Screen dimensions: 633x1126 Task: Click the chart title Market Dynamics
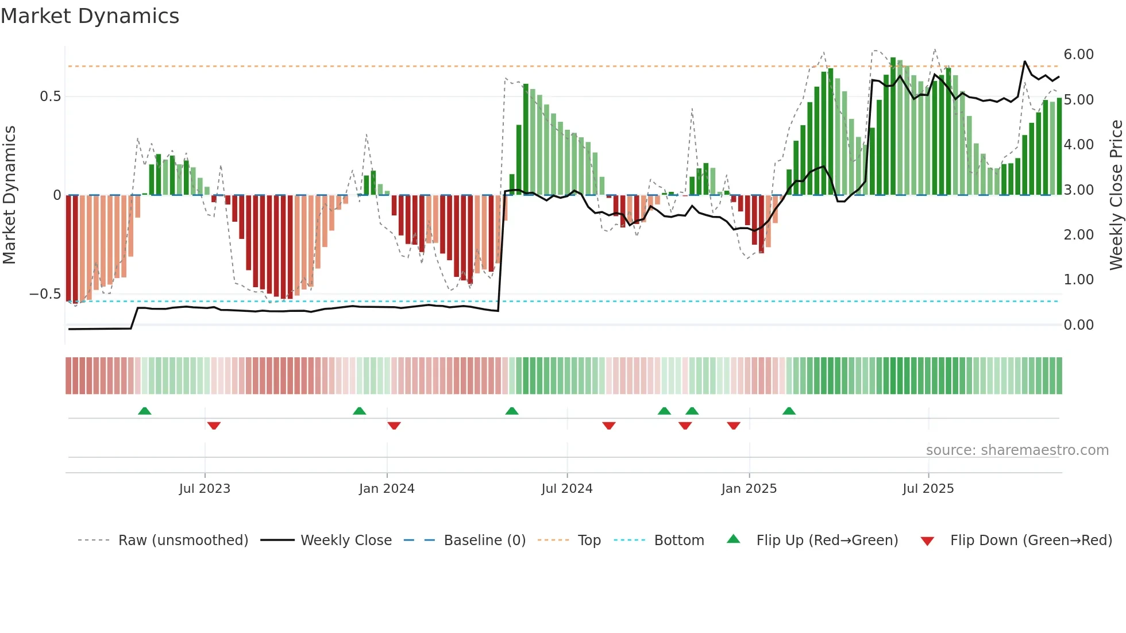[x=90, y=16]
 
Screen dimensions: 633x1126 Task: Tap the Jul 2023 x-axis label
[x=205, y=489]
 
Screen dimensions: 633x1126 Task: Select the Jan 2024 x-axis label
[x=387, y=489]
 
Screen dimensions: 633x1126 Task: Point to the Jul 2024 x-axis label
[x=567, y=489]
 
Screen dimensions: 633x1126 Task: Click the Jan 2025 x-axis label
[x=749, y=489]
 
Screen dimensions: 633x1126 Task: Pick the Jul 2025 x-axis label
[x=928, y=489]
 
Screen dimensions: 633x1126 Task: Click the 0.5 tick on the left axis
[x=51, y=97]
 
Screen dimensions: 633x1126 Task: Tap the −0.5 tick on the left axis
[x=45, y=294]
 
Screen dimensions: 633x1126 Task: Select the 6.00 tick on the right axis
[x=1078, y=55]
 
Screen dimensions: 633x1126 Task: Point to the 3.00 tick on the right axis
[x=1078, y=190]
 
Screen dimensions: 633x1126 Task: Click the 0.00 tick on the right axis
[x=1078, y=325]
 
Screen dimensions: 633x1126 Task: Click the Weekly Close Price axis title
[x=1116, y=195]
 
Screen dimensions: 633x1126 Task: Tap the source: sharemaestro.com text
[x=1017, y=450]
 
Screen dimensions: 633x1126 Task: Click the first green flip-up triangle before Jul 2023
[x=145, y=411]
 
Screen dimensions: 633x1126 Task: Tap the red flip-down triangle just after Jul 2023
[x=214, y=426]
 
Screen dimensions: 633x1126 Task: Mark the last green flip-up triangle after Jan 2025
[x=789, y=411]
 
